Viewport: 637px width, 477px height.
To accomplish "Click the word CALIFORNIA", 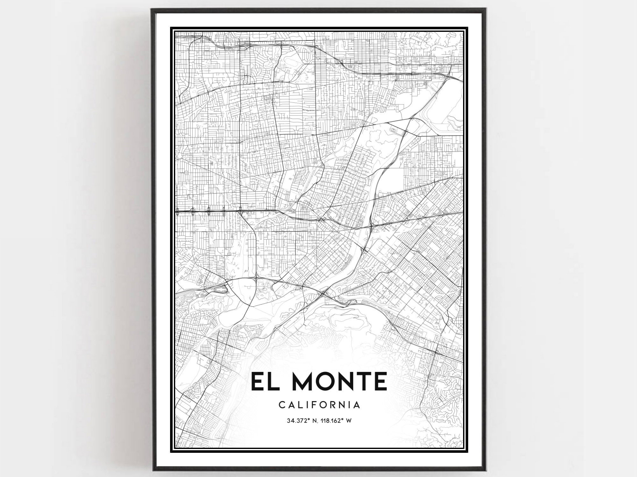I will (319, 405).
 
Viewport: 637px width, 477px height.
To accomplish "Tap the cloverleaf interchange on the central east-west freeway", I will (321, 219).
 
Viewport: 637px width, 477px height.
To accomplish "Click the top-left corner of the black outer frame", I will (152, 10).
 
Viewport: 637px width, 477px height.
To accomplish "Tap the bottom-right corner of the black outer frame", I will (485, 469).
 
